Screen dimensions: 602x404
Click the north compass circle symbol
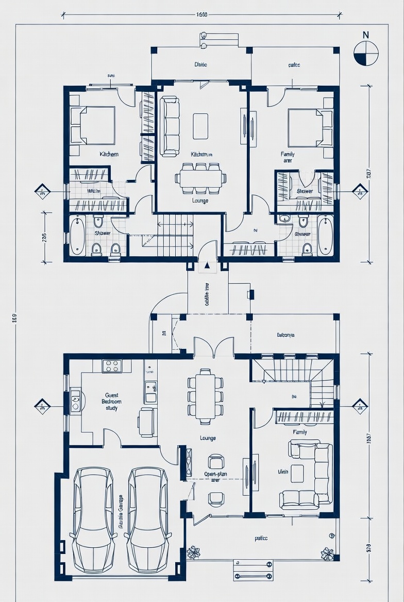(x=366, y=54)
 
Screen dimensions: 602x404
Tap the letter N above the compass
(x=366, y=35)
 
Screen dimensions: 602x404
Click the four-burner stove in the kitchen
(x=112, y=366)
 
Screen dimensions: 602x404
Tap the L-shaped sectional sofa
(x=307, y=475)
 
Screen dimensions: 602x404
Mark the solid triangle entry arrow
(x=207, y=265)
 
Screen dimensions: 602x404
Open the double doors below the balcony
(x=213, y=347)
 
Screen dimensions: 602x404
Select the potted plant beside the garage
(x=194, y=553)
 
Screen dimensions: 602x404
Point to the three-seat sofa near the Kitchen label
(x=170, y=126)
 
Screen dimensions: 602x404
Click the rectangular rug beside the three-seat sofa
(x=200, y=126)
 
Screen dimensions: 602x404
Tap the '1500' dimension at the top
(x=202, y=14)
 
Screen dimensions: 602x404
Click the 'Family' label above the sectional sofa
(x=299, y=432)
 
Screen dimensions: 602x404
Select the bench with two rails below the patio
(x=253, y=570)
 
